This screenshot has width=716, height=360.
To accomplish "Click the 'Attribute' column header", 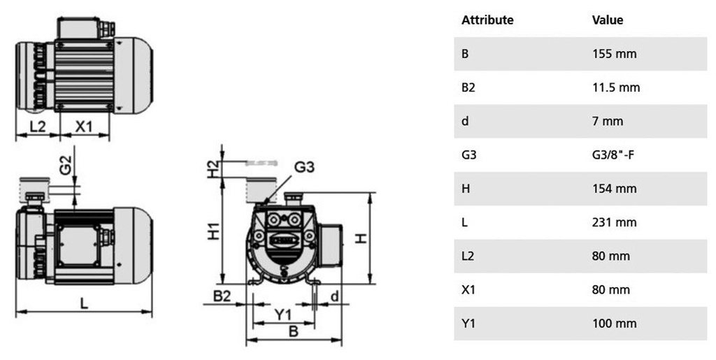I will click(x=487, y=20).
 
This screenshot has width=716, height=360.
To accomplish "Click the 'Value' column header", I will click(x=607, y=20).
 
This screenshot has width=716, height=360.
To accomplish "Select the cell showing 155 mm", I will click(x=614, y=54).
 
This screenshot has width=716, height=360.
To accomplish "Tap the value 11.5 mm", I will click(x=616, y=87).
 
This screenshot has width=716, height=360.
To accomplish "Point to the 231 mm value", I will click(x=614, y=222).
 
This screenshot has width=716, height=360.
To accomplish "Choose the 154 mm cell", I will click(x=614, y=189).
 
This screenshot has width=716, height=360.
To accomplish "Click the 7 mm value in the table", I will click(x=607, y=121).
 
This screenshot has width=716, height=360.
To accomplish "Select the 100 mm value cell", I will click(x=614, y=324).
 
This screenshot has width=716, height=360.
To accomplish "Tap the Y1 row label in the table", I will click(x=468, y=324).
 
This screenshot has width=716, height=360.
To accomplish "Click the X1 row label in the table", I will click(x=468, y=289).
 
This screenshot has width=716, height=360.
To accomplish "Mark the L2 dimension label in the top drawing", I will click(x=38, y=127).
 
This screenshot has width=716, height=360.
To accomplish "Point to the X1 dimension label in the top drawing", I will click(x=84, y=127).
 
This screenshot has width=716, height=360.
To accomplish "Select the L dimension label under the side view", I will click(x=83, y=304).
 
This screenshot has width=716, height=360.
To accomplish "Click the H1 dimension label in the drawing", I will click(x=215, y=231).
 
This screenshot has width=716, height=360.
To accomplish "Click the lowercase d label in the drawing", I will click(x=334, y=296).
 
